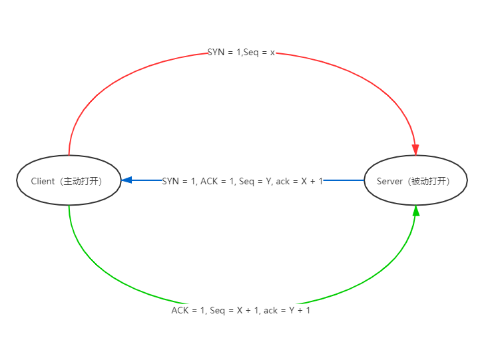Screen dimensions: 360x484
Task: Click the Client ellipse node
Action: (69, 180)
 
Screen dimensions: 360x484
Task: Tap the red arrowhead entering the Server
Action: (416, 150)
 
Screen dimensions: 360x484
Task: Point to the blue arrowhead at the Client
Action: (127, 180)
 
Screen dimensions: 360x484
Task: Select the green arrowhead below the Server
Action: (416, 210)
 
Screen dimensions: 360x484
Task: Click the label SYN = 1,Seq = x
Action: (242, 52)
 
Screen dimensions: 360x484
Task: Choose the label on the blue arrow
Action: (243, 180)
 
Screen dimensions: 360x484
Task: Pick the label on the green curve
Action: (242, 310)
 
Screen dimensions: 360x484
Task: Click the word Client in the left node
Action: (43, 181)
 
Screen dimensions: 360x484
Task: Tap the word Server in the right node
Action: (389, 181)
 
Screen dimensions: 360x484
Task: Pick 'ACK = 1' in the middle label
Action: (216, 180)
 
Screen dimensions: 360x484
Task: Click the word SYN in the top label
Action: (216, 52)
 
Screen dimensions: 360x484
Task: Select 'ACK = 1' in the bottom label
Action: (188, 310)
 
